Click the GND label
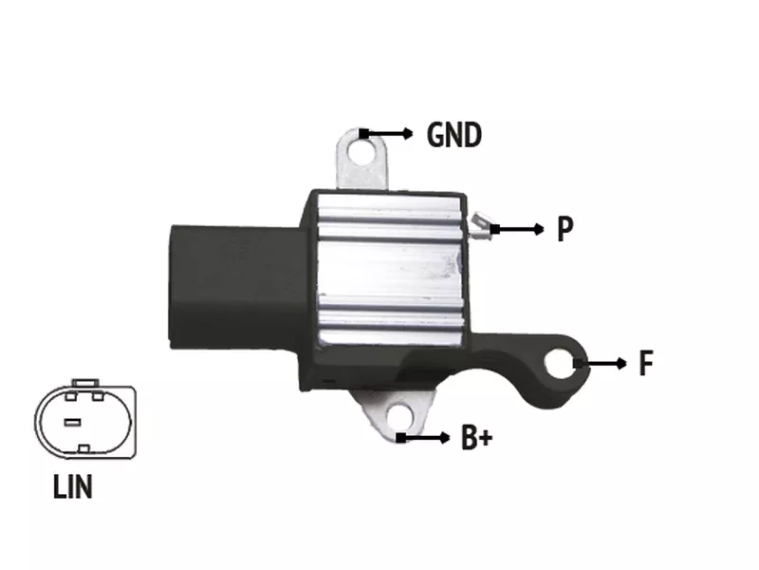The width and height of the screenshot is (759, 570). click(x=454, y=134)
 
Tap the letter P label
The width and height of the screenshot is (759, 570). click(x=565, y=228)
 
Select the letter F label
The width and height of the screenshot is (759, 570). click(x=646, y=363)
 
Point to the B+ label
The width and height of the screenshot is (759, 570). click(x=477, y=437)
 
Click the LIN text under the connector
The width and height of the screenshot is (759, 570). click(x=73, y=486)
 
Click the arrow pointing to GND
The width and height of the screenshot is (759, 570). click(x=386, y=133)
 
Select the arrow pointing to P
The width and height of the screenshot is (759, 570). click(x=517, y=229)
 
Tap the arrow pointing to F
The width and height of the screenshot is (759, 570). click(x=600, y=363)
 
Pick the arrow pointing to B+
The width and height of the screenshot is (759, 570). click(x=423, y=438)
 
